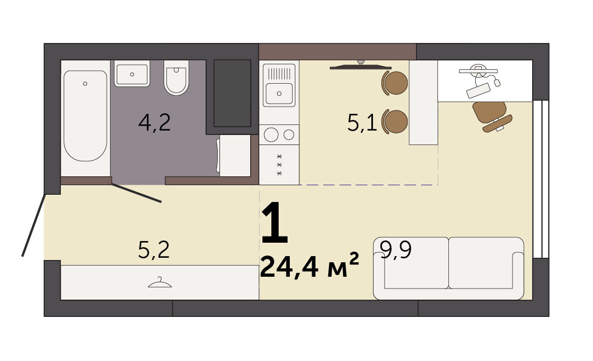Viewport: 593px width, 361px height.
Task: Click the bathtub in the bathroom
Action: [85, 116]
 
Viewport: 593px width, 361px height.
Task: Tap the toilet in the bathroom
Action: [176, 78]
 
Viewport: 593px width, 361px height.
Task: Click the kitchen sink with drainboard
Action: [279, 85]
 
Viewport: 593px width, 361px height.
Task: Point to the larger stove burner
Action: [271, 134]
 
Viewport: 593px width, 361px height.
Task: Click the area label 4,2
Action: [154, 123]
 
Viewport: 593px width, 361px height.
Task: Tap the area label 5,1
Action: [362, 123]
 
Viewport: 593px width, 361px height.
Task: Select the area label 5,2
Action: [154, 250]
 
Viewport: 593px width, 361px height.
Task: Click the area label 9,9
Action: [395, 249]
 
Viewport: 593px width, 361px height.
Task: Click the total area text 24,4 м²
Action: [309, 266]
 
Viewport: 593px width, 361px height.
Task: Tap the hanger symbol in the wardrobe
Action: [160, 282]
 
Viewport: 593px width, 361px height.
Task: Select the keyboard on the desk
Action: [478, 90]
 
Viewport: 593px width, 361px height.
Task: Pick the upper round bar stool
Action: [395, 83]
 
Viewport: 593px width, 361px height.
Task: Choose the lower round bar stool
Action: [395, 121]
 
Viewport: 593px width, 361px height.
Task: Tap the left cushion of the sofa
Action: [416, 263]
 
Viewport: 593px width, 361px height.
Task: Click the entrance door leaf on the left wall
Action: [34, 225]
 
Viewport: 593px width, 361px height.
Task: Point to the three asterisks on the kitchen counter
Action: [280, 165]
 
